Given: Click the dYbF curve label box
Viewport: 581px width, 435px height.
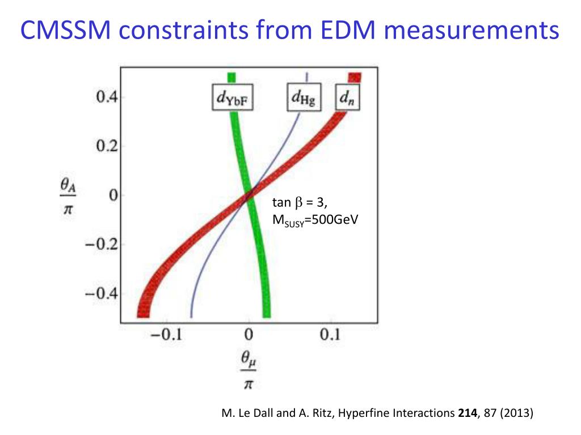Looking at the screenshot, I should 233,100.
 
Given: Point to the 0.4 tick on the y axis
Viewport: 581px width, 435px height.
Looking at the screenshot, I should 107,98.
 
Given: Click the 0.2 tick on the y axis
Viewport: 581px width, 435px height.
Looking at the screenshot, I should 107,147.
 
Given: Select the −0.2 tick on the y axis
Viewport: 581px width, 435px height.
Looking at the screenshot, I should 102,245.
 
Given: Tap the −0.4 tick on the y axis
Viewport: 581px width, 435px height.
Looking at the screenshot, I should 102,293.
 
